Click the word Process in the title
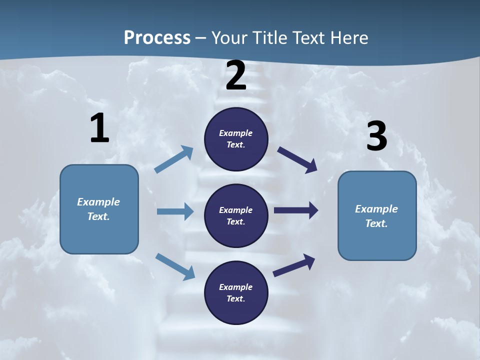pyautogui.click(x=157, y=37)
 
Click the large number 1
pyautogui.click(x=99, y=128)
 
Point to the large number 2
pyautogui.click(x=236, y=75)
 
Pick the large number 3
pyautogui.click(x=376, y=136)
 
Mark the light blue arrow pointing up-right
pyautogui.click(x=174, y=159)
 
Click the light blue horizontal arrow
pyautogui.click(x=175, y=211)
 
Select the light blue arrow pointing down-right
pyautogui.click(x=175, y=266)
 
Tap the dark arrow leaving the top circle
pyautogui.click(x=297, y=159)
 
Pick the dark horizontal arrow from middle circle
pyautogui.click(x=296, y=210)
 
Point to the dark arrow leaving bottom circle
pyautogui.click(x=294, y=265)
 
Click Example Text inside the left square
pyautogui.click(x=98, y=209)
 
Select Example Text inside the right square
pyautogui.click(x=376, y=216)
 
